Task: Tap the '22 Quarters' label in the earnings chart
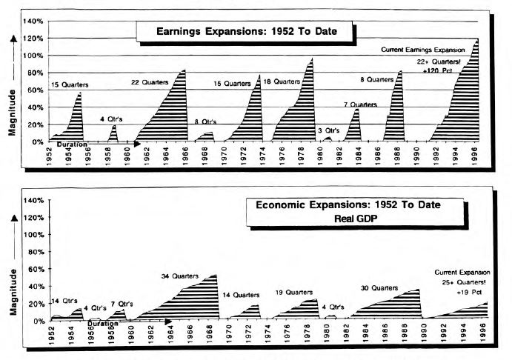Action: point(150,81)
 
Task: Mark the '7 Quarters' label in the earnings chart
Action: point(362,105)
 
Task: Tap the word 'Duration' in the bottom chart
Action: point(102,324)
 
